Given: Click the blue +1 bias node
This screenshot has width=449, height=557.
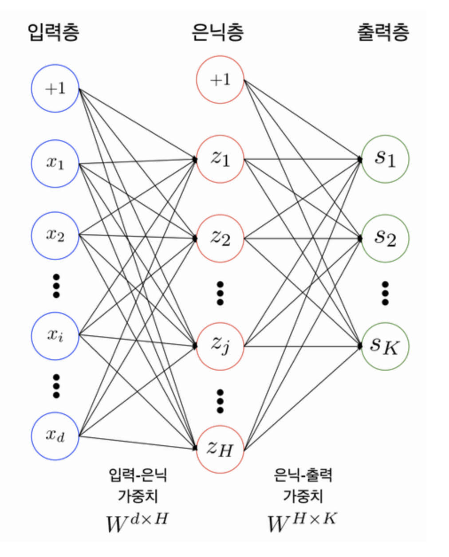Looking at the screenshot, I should click(55, 88).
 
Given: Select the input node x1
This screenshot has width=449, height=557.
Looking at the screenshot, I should click(55, 163).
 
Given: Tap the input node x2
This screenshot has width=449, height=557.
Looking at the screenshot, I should click(55, 235).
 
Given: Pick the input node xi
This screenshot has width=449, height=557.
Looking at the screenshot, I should click(55, 335).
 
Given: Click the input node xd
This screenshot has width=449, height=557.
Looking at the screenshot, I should click(55, 436).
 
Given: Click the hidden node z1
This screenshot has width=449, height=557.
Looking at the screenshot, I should click(220, 159).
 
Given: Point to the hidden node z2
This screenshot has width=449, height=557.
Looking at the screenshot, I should click(220, 239).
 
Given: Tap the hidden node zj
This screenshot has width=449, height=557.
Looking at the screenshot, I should click(220, 345).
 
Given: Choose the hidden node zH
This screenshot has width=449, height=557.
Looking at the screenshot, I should click(220, 449).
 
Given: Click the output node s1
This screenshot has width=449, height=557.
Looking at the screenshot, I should click(385, 159).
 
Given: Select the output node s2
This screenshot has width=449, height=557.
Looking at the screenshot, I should click(385, 239).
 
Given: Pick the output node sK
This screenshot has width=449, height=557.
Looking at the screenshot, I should click(385, 346).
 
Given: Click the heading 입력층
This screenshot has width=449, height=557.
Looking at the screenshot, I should click(53, 32).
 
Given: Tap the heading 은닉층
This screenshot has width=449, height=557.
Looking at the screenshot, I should click(218, 32).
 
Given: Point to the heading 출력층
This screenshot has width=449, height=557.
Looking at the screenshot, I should click(383, 32).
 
